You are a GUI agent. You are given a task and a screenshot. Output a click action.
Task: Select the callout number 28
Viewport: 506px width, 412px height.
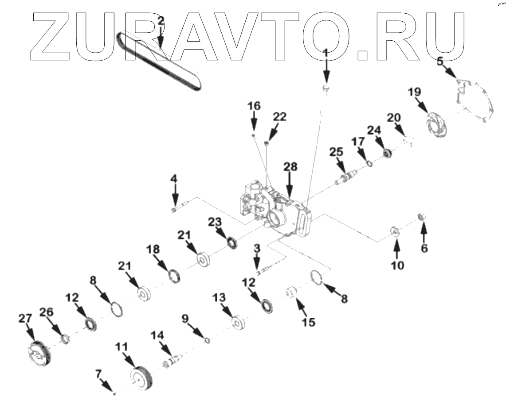click(x=291, y=167)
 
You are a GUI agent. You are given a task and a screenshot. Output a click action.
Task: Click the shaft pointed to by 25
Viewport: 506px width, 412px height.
click(x=347, y=180)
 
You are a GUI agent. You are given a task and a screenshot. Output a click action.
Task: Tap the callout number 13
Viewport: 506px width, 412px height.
click(x=219, y=296)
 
